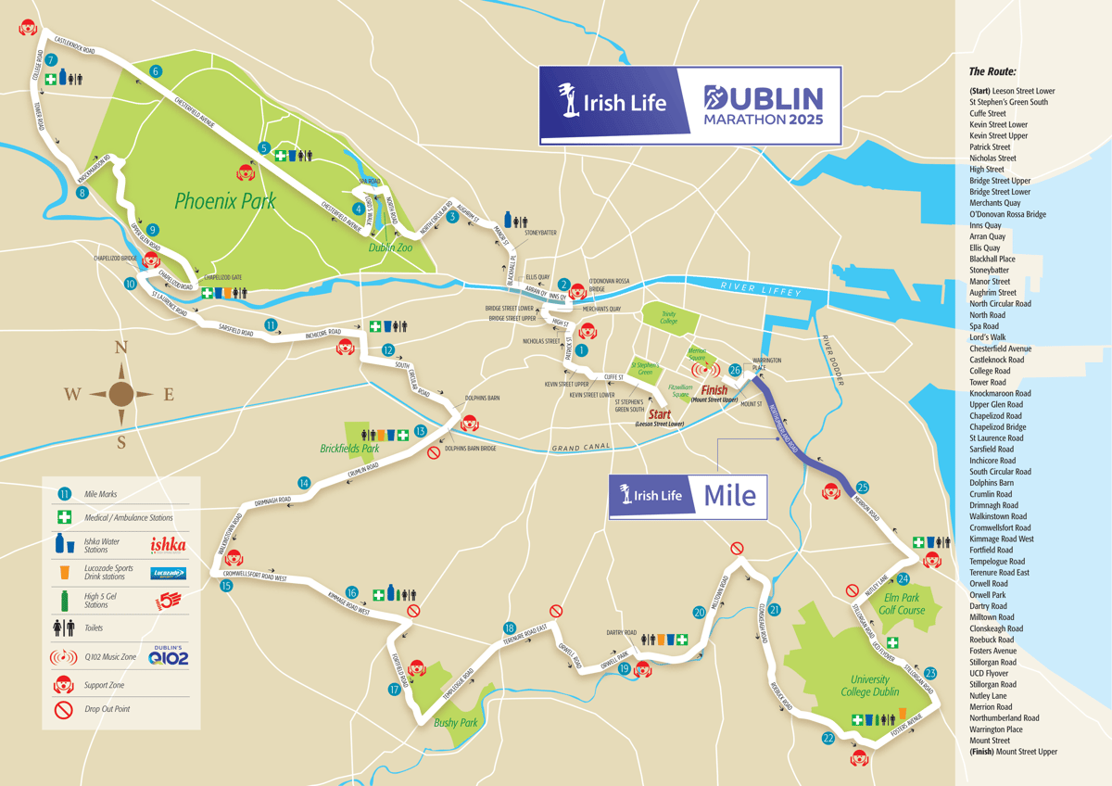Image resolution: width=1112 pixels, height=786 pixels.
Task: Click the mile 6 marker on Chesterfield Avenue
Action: coord(156,71)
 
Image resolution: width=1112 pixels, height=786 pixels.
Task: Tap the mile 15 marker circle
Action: coord(226,586)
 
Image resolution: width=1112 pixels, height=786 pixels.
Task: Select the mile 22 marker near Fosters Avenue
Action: coord(828,739)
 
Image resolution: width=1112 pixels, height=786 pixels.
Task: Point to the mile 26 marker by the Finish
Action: coord(735,370)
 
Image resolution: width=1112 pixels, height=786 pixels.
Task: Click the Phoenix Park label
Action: coord(225,200)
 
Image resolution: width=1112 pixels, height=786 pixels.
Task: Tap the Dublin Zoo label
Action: coord(390,247)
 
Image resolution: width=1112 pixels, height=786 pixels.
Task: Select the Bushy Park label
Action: coord(455,722)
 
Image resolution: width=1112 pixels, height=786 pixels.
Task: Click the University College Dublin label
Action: coord(869,686)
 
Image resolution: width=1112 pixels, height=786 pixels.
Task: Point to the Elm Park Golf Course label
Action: coord(904,604)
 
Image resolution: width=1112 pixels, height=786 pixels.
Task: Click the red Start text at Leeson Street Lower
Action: coord(659,414)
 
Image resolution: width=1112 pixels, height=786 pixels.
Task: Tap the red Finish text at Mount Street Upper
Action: coord(714,390)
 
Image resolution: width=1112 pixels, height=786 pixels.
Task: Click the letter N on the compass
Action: coord(120,349)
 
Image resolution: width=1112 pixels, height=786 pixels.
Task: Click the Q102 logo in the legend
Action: coord(168,656)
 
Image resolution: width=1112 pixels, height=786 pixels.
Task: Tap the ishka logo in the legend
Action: coord(168,544)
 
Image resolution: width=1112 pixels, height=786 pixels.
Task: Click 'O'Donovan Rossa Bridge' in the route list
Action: coord(1007,214)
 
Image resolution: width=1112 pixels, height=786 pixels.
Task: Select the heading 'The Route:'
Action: coord(992,71)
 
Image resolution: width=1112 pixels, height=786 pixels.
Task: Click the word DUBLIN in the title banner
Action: coord(763,98)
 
